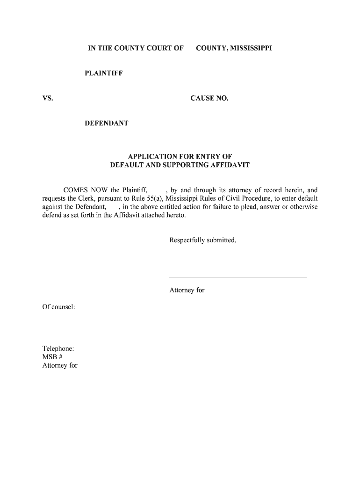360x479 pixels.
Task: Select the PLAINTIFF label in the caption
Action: [x=103, y=73]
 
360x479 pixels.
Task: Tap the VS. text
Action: [x=48, y=98]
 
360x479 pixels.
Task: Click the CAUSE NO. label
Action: [x=209, y=98]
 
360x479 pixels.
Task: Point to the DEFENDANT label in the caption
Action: [x=106, y=123]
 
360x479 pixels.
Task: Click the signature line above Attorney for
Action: [x=238, y=277]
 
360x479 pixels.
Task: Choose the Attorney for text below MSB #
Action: [x=60, y=366]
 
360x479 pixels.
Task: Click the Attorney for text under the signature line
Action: [x=187, y=290]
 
